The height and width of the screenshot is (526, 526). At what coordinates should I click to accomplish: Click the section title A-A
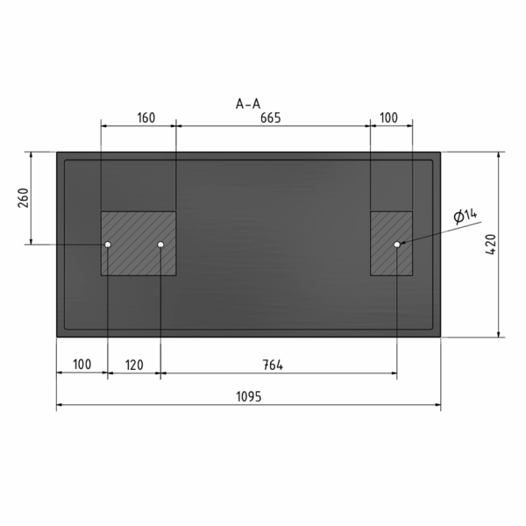click(248, 104)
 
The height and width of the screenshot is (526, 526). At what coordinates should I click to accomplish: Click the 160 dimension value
click(146, 118)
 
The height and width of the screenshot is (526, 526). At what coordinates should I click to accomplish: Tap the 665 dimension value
click(270, 118)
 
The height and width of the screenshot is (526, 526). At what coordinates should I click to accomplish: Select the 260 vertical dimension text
click(24, 198)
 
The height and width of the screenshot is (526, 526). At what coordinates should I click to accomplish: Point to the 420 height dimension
click(491, 245)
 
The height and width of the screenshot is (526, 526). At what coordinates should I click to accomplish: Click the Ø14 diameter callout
click(465, 216)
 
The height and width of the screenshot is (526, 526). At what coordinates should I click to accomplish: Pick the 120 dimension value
click(134, 365)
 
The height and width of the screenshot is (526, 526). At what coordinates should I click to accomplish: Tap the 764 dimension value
click(273, 365)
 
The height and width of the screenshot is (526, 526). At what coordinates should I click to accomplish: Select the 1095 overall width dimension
click(249, 397)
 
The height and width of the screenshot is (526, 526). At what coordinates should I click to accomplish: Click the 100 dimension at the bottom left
click(82, 365)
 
